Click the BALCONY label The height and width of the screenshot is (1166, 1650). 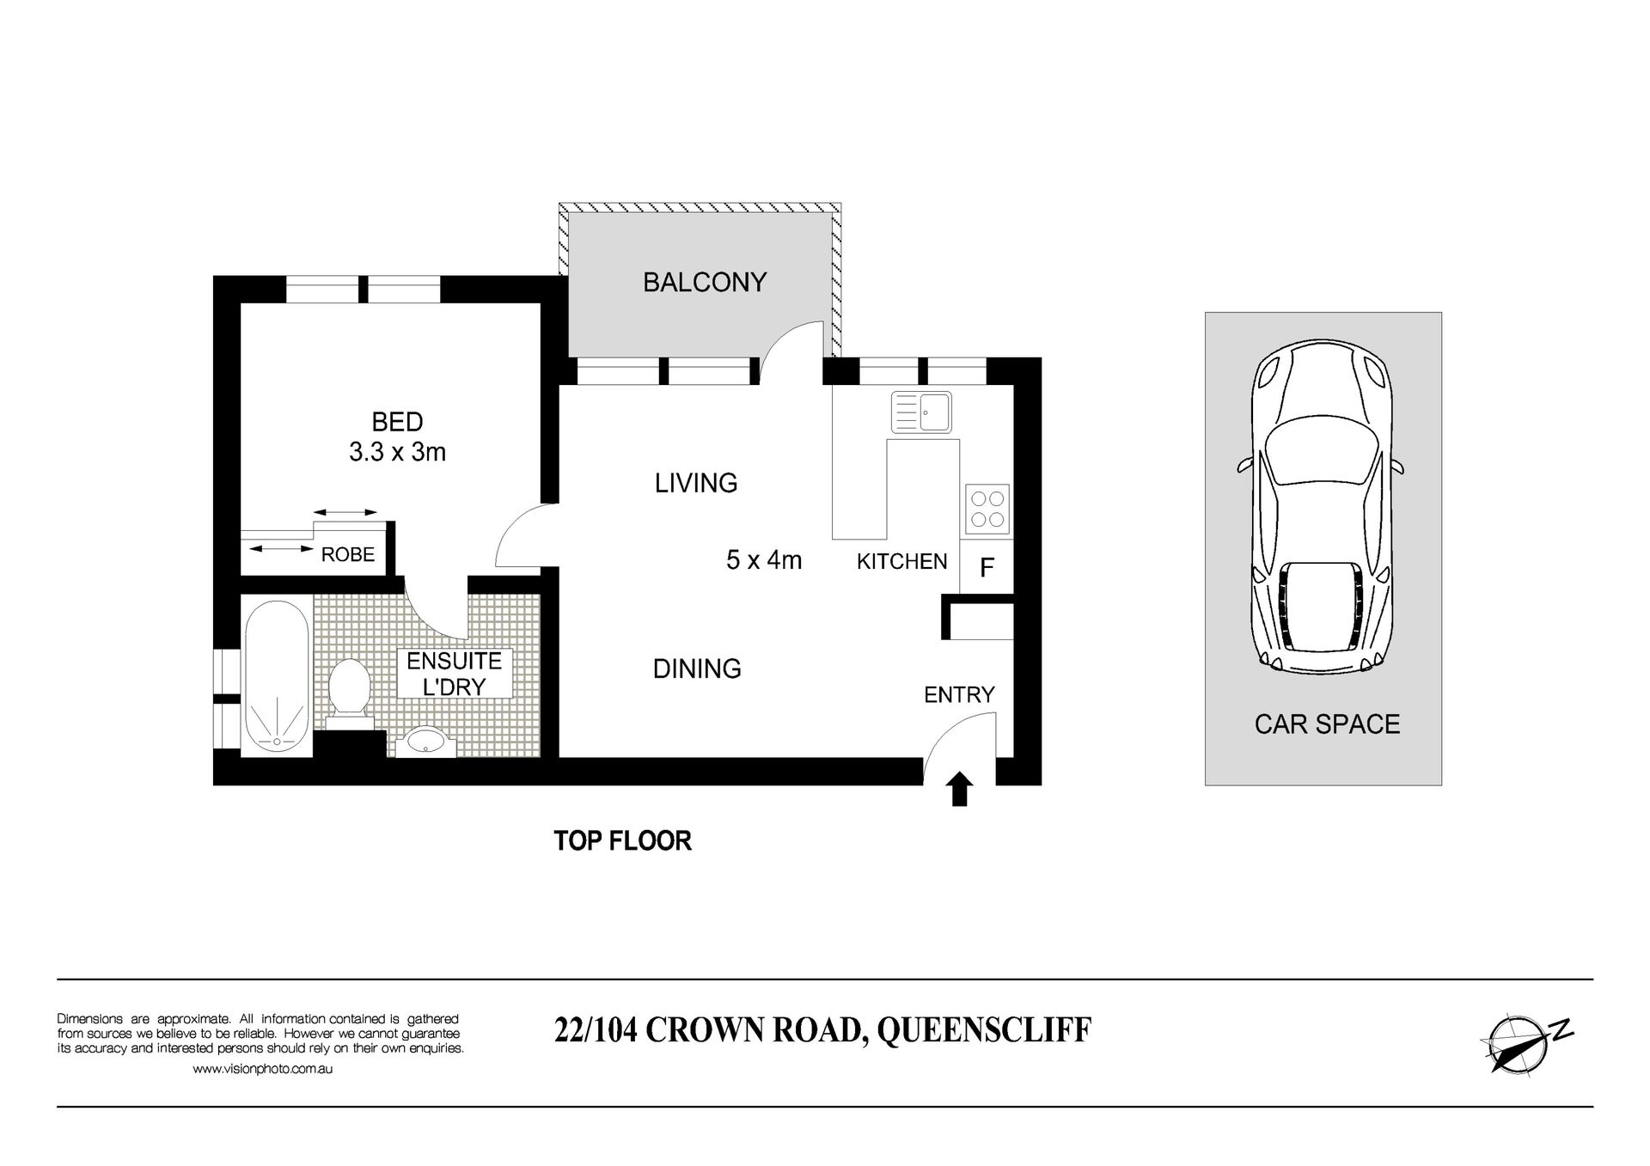point(705,282)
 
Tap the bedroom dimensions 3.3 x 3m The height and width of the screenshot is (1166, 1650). point(397,451)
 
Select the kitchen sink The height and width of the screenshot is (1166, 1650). point(921,412)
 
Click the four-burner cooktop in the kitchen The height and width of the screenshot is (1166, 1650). point(987,509)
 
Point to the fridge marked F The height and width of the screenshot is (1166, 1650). point(987,567)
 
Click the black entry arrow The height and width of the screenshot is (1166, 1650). point(960,789)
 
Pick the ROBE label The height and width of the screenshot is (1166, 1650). point(348,555)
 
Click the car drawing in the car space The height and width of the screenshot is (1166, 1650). point(1323,505)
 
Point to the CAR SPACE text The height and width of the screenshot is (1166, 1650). point(1327,724)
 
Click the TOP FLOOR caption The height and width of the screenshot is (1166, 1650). point(622,840)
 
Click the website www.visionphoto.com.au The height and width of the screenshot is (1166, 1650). point(263,1069)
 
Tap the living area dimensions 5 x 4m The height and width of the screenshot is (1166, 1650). point(764,560)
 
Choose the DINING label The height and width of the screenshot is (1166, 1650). point(697,668)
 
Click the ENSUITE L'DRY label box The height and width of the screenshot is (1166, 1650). point(455,674)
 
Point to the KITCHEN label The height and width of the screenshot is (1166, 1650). point(902,561)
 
